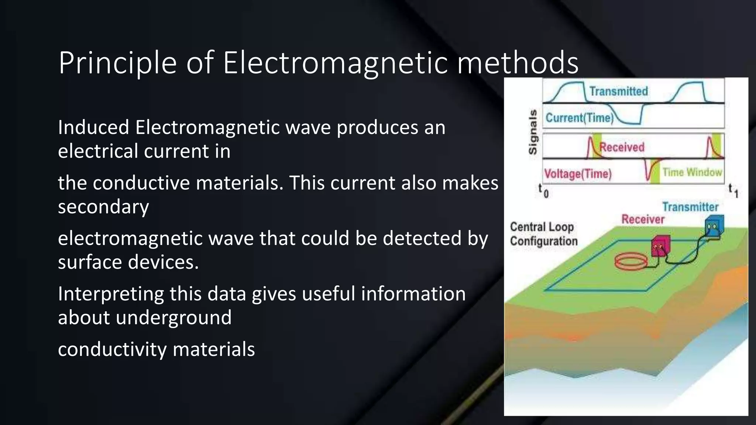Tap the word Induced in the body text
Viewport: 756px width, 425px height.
[93, 128]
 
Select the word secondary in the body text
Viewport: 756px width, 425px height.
[103, 207]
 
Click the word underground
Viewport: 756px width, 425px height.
[173, 318]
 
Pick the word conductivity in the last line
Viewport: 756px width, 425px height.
[112, 349]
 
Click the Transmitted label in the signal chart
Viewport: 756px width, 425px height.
[618, 91]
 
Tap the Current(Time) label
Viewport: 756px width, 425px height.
[579, 118]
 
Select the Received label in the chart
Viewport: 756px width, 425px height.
[622, 147]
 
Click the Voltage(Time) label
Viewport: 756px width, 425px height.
[578, 174]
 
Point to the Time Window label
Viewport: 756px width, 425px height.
[692, 172]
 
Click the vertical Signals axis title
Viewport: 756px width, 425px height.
[533, 132]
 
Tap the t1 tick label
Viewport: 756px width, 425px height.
[733, 191]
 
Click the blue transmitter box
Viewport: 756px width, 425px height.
[714, 226]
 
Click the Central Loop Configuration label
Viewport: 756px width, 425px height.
[543, 234]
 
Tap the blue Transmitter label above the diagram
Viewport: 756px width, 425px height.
[690, 207]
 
